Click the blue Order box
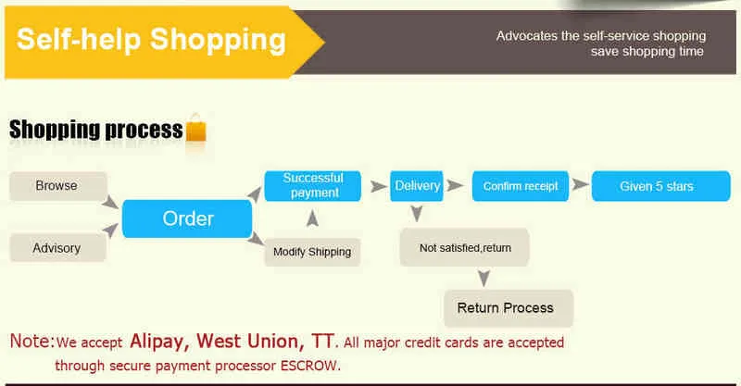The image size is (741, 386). [x=187, y=218]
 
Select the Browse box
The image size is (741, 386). [x=58, y=186]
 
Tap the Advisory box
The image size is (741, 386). [x=57, y=247]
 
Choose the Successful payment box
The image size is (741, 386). [x=312, y=186]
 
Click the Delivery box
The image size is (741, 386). [x=416, y=186]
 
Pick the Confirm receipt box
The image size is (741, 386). [x=521, y=186]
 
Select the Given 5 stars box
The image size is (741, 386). [x=660, y=186]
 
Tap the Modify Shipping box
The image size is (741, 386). [x=312, y=252]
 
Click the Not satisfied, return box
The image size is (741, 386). [x=465, y=247]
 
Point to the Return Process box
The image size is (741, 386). [x=509, y=308]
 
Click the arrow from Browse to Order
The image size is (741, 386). [x=110, y=202]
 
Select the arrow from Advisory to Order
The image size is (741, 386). [x=110, y=230]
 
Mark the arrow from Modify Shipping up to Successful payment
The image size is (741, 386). [x=312, y=218]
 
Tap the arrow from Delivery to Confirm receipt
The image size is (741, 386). [x=455, y=186]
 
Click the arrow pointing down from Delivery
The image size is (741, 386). [x=416, y=214]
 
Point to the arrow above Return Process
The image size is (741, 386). [x=484, y=278]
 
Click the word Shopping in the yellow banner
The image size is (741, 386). [x=218, y=41]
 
